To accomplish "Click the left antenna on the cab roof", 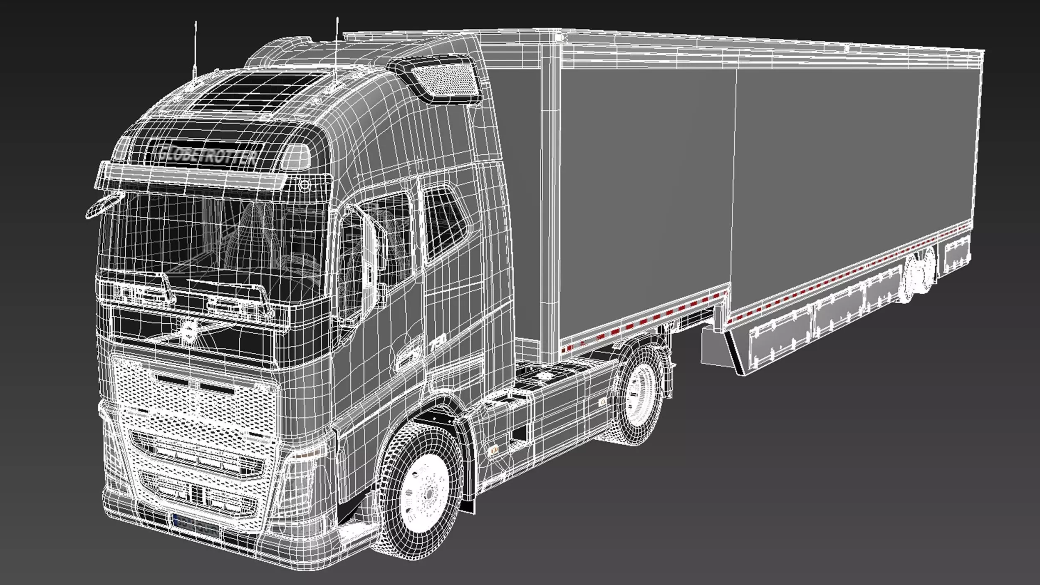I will coord(195,50).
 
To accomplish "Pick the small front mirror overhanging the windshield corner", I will coord(104,206).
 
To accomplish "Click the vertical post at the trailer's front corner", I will coord(551,200).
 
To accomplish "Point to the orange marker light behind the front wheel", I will coord(495,449).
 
